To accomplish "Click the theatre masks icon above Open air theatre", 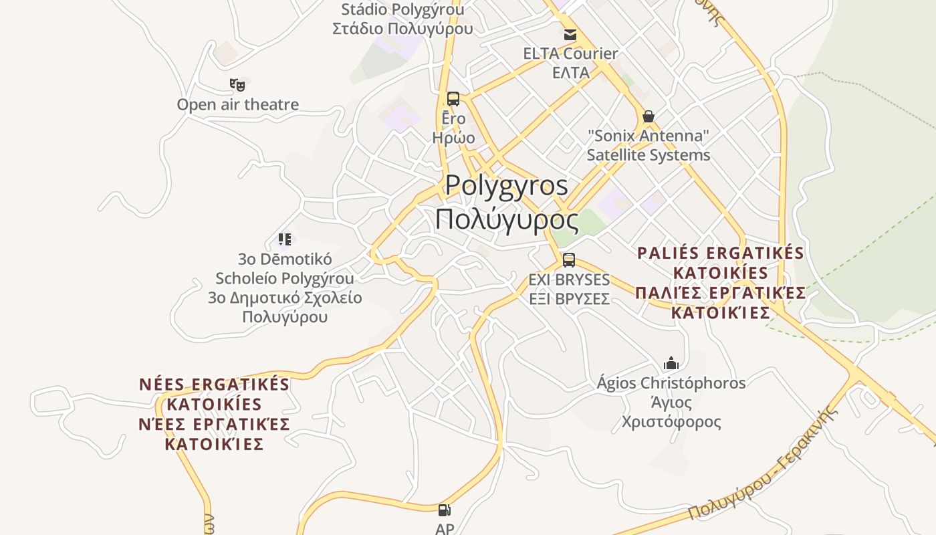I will point(237,85).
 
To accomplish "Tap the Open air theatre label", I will point(237,104).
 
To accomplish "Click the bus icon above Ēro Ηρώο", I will point(453,99).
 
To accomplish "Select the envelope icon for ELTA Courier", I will point(570,35).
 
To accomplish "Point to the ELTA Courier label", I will point(570,53).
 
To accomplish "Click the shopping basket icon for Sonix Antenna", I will point(648,117).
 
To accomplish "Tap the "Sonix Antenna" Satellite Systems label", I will point(648,145).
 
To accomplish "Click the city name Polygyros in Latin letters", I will point(506,185).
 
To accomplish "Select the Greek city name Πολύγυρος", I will point(506,219).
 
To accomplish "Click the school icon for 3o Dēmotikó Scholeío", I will point(285,239).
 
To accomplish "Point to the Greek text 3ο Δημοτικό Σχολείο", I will point(285,298).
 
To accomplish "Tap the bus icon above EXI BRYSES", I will point(569,260).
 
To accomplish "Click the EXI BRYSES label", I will point(569,279).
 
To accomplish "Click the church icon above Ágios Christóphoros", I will point(671,363).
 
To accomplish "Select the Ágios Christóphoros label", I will point(671,383).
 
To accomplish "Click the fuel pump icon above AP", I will point(445,511).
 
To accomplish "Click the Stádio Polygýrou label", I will point(402,10).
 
